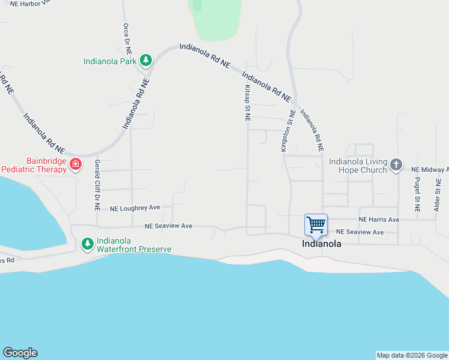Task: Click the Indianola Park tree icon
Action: [x=145, y=60]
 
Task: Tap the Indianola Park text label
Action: [x=110, y=61]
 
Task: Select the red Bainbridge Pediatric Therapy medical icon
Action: [x=76, y=164]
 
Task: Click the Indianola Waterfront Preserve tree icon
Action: [x=87, y=244]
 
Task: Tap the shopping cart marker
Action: [x=316, y=225]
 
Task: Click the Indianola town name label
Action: [x=322, y=244]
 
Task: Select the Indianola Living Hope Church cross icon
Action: [x=395, y=164]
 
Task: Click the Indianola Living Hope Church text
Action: [x=358, y=166]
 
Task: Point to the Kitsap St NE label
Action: [x=247, y=103]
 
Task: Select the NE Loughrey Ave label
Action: [x=135, y=208]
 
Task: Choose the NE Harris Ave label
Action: [x=379, y=220]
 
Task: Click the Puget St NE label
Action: [x=417, y=195]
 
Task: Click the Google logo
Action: [x=20, y=353]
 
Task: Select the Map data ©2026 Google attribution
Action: [x=412, y=355]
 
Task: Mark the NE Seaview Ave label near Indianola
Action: [x=360, y=232]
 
